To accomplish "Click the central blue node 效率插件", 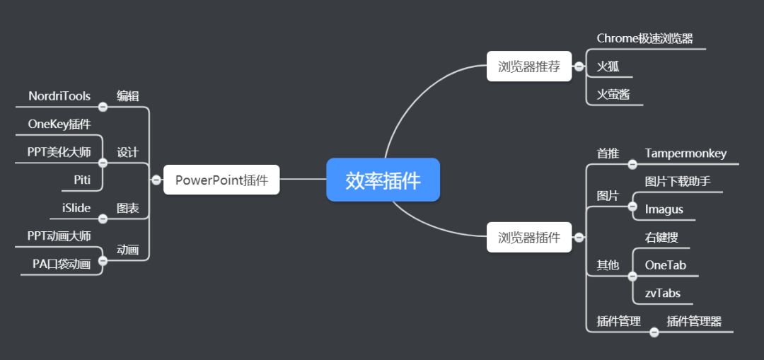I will [383, 180].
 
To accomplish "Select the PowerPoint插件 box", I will [221, 180].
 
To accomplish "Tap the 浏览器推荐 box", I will [528, 66].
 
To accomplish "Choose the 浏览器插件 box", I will [528, 238].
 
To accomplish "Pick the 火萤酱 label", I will [613, 94].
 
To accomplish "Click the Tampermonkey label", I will [685, 153].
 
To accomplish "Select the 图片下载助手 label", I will [677, 182].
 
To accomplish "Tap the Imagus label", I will [664, 209].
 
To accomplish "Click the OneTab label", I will [665, 265].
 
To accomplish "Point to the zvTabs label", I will [662, 293].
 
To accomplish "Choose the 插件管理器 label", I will [694, 321].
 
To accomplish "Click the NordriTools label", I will [59, 96].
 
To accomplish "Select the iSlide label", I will [76, 208].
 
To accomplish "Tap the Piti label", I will [82, 180].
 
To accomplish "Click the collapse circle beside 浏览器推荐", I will [579, 66].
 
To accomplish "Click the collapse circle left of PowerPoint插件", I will [156, 180].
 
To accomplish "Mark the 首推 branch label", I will [608, 153].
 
